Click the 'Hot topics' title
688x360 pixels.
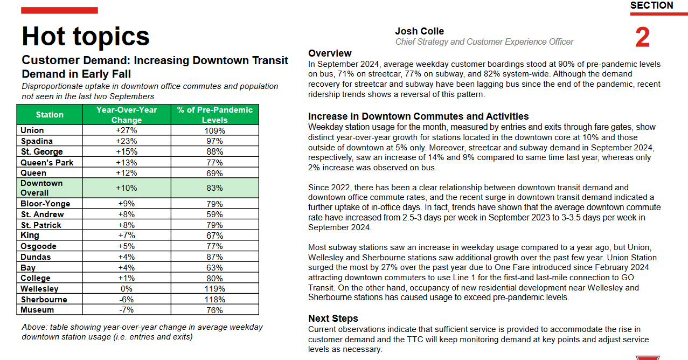[85, 37]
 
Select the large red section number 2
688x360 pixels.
[642, 38]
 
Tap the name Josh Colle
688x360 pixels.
[419, 31]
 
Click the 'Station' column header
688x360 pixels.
[50, 115]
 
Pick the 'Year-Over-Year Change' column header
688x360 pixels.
[126, 115]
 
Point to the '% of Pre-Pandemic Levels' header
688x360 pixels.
[214, 115]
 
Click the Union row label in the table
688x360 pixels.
[32, 130]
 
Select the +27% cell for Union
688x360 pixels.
[126, 130]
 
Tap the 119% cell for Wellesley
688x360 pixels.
[214, 289]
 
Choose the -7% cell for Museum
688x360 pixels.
[126, 310]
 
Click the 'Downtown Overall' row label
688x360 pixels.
[41, 188]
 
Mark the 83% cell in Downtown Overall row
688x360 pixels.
[214, 188]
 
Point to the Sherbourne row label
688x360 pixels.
[44, 300]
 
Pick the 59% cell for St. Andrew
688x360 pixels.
[214, 214]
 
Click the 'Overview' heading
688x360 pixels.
[330, 53]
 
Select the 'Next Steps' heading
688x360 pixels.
[333, 319]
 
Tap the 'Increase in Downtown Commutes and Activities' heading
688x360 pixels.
[418, 116]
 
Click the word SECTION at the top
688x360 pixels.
[651, 5]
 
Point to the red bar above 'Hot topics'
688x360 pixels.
[60, 10]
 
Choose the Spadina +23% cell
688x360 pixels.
[126, 141]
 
